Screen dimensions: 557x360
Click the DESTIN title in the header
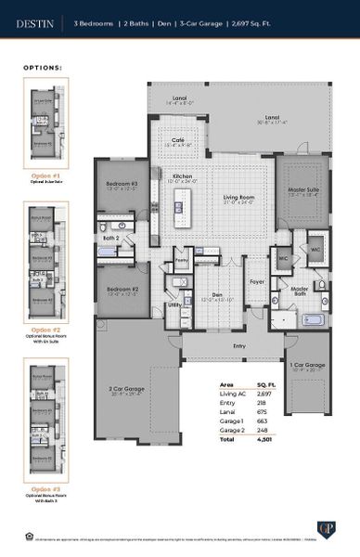click(35, 19)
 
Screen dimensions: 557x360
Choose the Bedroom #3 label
click(122, 184)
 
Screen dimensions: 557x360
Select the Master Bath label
click(300, 291)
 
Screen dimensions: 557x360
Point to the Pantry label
click(182, 262)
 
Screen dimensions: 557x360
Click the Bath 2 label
click(110, 238)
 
